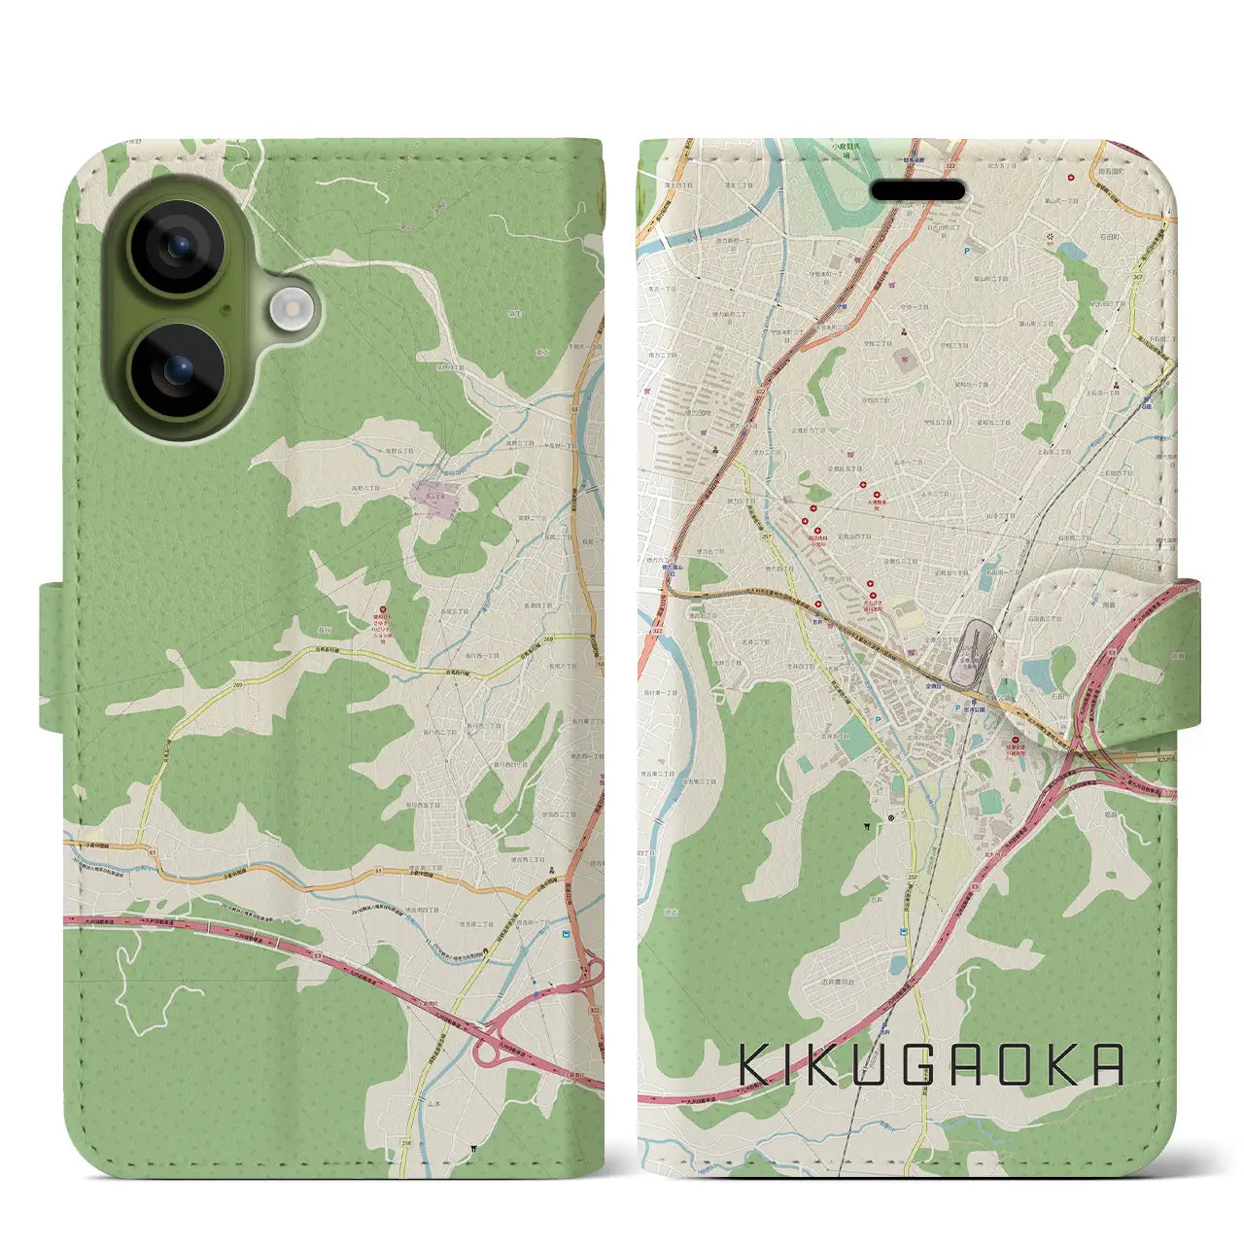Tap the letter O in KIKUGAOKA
(x=1020, y=1065)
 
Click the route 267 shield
(x=1137, y=277)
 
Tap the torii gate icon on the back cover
(x=472, y=1148)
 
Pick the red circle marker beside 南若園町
(x=1071, y=178)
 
